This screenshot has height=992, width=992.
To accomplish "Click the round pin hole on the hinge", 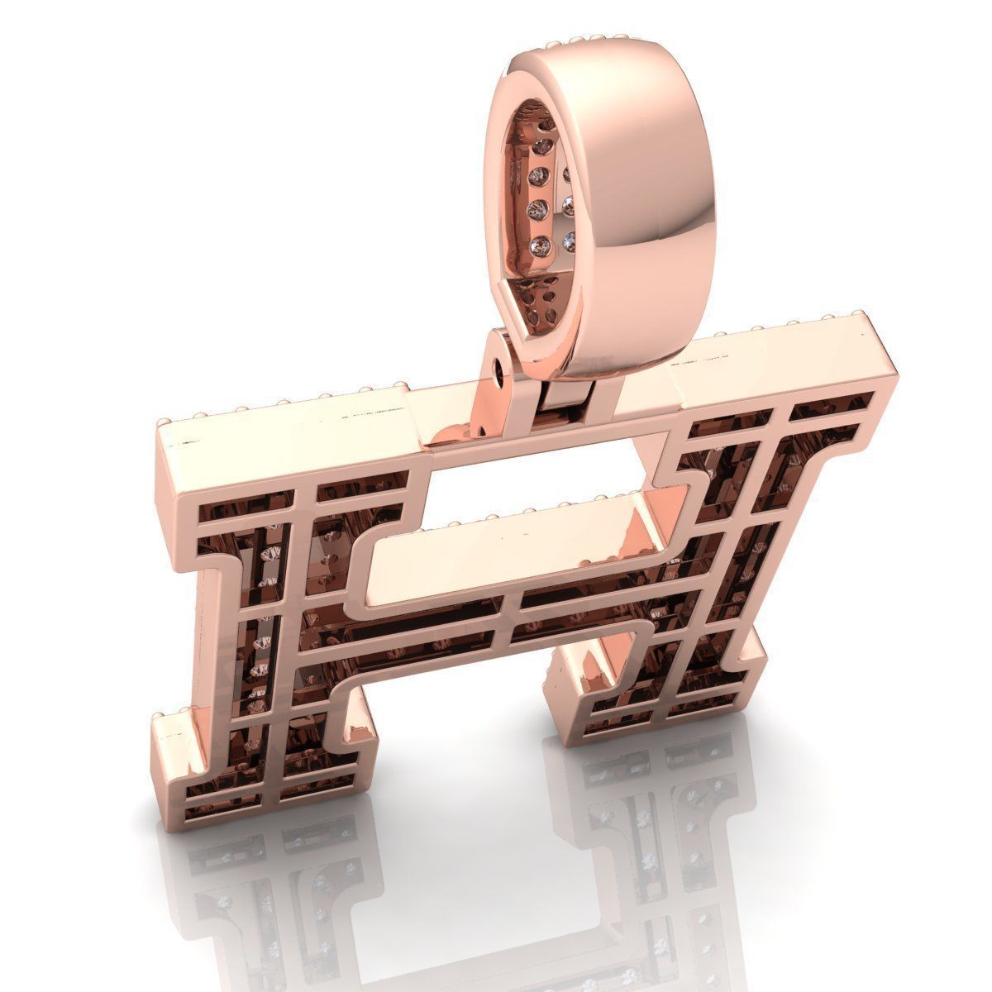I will point(498,373).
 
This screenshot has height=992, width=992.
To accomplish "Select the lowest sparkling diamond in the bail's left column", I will point(542,246).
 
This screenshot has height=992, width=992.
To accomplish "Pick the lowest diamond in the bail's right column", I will point(569,241).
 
